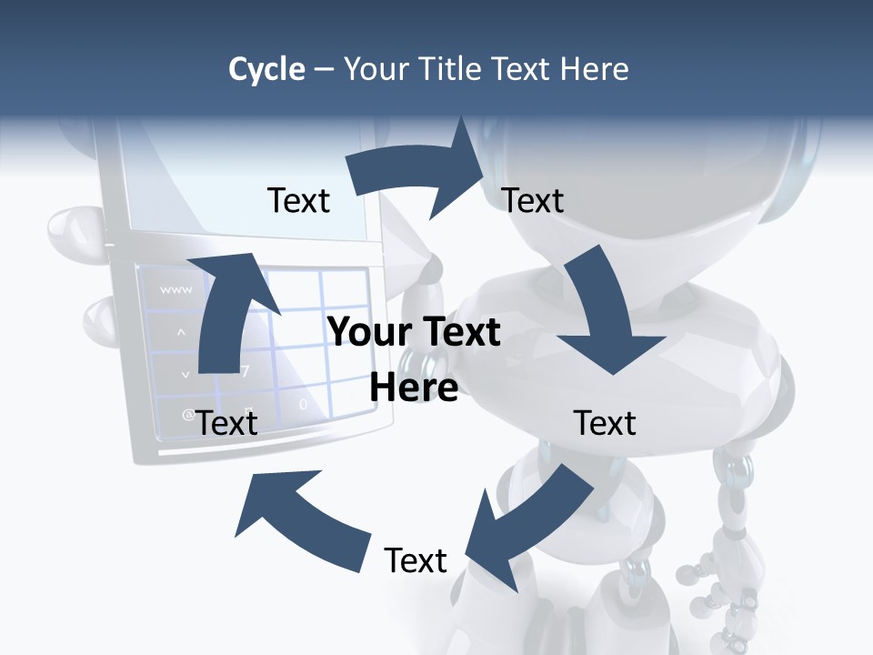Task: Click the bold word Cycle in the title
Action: (266, 69)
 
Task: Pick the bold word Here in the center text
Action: (414, 388)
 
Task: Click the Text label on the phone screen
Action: (298, 200)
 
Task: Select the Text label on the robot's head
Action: (533, 200)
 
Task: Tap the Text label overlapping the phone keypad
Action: (226, 422)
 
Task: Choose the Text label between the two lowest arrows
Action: (416, 560)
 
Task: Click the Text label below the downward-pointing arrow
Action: (605, 422)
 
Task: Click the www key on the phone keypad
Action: (176, 290)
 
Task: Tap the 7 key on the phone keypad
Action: (245, 371)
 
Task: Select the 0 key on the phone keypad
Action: (304, 403)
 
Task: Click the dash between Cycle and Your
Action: (324, 69)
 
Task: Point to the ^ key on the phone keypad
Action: (180, 332)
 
